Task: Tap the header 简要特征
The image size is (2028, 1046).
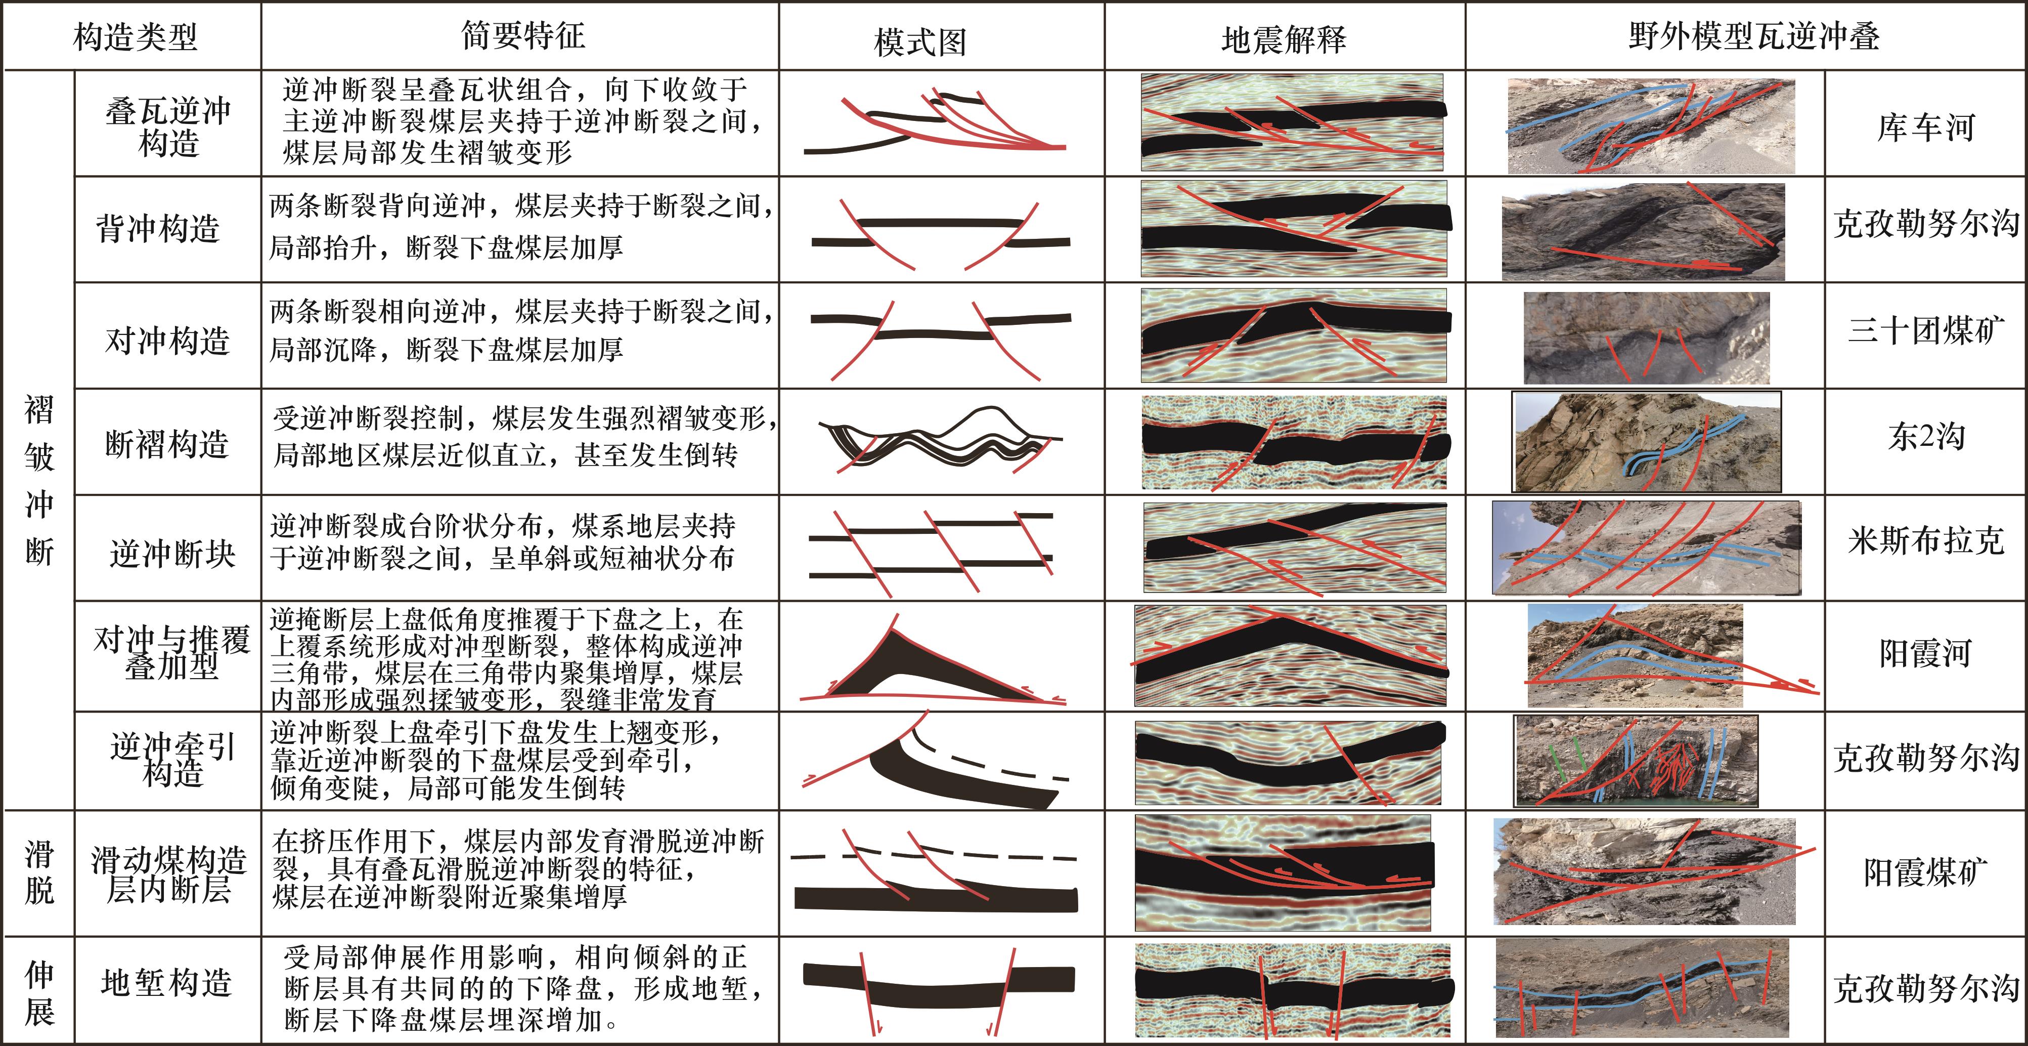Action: coord(523,35)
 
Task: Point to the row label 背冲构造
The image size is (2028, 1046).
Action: coord(157,228)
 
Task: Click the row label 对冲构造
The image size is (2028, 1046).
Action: coord(168,340)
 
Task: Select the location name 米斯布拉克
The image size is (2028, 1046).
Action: coord(1926,541)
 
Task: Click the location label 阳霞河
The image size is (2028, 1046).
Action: coord(1926,653)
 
